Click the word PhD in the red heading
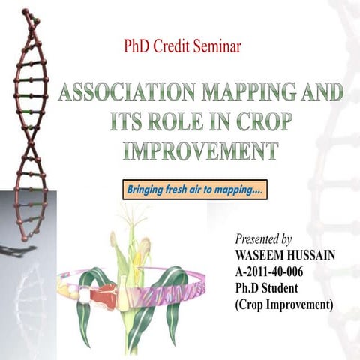137,47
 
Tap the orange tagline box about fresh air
194,190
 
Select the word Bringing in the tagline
146,190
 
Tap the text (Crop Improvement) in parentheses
284,305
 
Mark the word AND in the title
324,94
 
